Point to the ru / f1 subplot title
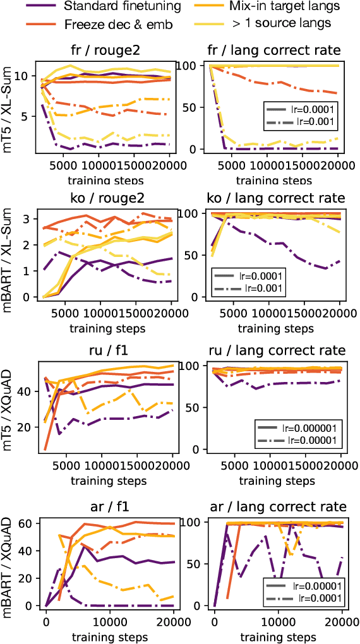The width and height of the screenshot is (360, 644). [x=105, y=350]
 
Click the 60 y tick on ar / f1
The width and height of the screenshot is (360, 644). [x=27, y=523]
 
